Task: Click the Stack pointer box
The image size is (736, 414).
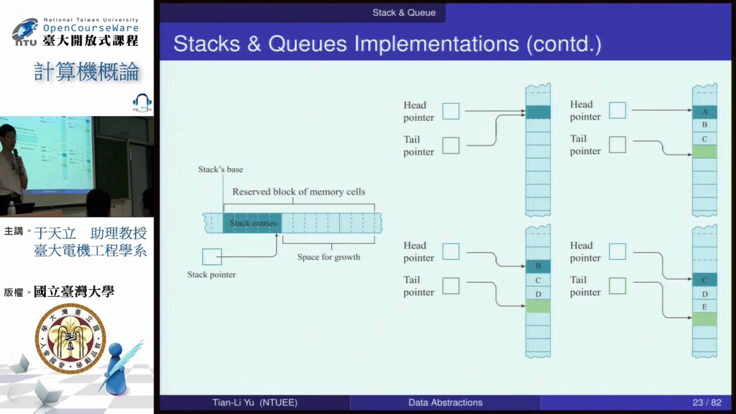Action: [x=212, y=257]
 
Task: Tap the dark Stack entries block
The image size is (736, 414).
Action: [x=252, y=223]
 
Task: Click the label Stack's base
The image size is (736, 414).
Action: [x=220, y=169]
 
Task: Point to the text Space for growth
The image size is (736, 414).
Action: [x=329, y=257]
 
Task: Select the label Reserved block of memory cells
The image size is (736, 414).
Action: [x=299, y=192]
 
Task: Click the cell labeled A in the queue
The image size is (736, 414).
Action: [x=704, y=112]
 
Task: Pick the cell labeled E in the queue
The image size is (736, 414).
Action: [x=704, y=307]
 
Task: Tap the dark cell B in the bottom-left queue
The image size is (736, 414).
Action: [x=538, y=266]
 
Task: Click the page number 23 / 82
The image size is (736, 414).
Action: [x=706, y=402]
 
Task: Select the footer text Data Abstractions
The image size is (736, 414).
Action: [x=445, y=402]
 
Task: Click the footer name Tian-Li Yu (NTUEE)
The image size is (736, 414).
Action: [x=255, y=402]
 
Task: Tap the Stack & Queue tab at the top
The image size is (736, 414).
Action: [x=404, y=13]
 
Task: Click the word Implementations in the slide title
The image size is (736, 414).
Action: [x=436, y=44]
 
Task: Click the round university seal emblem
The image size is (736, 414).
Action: [x=70, y=338]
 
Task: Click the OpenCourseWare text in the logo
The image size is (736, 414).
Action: [x=91, y=28]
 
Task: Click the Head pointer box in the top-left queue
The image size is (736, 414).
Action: [x=451, y=111]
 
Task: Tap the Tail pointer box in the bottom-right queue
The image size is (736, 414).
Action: [x=617, y=286]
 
